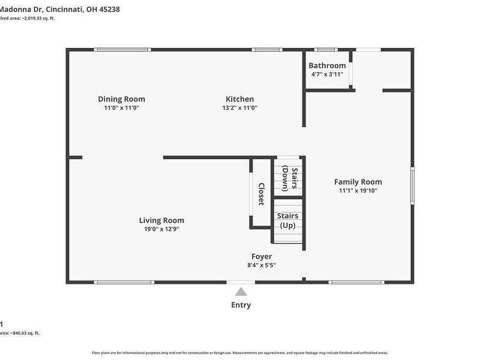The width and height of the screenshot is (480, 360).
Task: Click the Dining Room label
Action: (122, 99)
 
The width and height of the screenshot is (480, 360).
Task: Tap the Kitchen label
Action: (239, 99)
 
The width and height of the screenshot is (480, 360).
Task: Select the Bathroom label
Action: (327, 65)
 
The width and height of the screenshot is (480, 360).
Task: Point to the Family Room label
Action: (358, 182)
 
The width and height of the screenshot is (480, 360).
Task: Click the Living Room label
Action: (161, 220)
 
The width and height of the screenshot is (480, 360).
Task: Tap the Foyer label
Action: (262, 256)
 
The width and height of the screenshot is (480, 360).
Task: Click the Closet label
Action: (261, 194)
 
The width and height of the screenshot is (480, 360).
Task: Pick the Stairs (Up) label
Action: (287, 220)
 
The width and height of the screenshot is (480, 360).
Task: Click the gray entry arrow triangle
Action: (241, 292)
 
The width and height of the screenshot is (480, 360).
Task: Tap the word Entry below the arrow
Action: (241, 305)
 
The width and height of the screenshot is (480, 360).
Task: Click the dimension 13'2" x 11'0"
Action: (239, 108)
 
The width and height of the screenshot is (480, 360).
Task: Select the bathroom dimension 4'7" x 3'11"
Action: (327, 74)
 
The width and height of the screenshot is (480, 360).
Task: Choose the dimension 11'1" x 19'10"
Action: (358, 191)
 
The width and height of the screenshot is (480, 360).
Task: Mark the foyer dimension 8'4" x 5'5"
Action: (262, 265)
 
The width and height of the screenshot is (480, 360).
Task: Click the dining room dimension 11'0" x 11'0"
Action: (122, 108)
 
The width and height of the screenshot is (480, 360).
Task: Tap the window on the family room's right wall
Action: (412, 186)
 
